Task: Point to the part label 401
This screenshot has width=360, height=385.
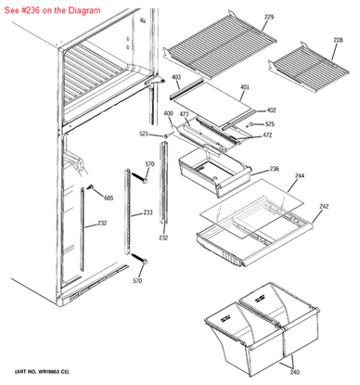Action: [x=245, y=88]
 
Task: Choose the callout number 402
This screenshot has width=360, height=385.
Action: [x=271, y=109]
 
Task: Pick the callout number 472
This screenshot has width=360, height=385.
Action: [x=267, y=135]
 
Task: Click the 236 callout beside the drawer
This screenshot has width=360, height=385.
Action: [x=275, y=169]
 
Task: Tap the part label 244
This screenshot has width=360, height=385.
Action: [x=300, y=175]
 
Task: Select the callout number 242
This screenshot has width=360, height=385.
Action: [x=324, y=206]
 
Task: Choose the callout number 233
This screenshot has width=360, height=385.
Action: [x=148, y=212]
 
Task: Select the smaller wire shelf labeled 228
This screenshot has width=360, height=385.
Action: [x=306, y=63]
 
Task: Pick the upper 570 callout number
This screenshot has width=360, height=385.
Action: [x=149, y=164]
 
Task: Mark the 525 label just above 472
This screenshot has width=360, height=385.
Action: [x=269, y=123]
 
